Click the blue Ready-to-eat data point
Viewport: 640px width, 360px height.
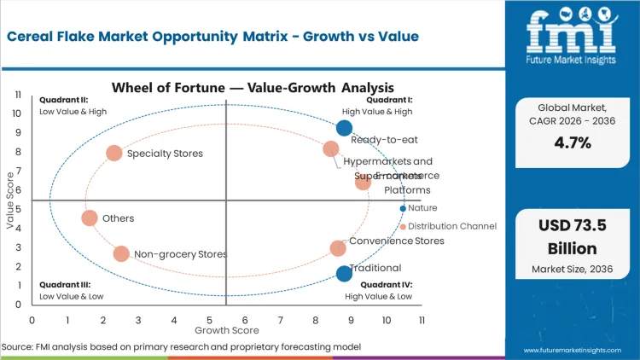coord(344,128)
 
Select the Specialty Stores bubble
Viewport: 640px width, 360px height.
coord(114,154)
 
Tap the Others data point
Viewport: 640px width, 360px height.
coord(90,218)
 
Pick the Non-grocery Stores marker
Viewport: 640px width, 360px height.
coord(121,253)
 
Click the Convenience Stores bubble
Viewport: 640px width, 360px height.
coord(338,248)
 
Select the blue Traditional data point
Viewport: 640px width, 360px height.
coord(344,273)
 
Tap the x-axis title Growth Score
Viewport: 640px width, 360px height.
coord(226,329)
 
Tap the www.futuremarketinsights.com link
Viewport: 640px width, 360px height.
coord(577,350)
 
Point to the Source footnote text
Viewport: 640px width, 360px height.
coord(181,347)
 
